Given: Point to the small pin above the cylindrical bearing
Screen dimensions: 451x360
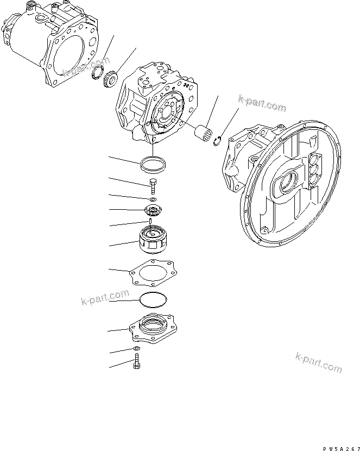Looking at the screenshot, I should pos(148,221).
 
